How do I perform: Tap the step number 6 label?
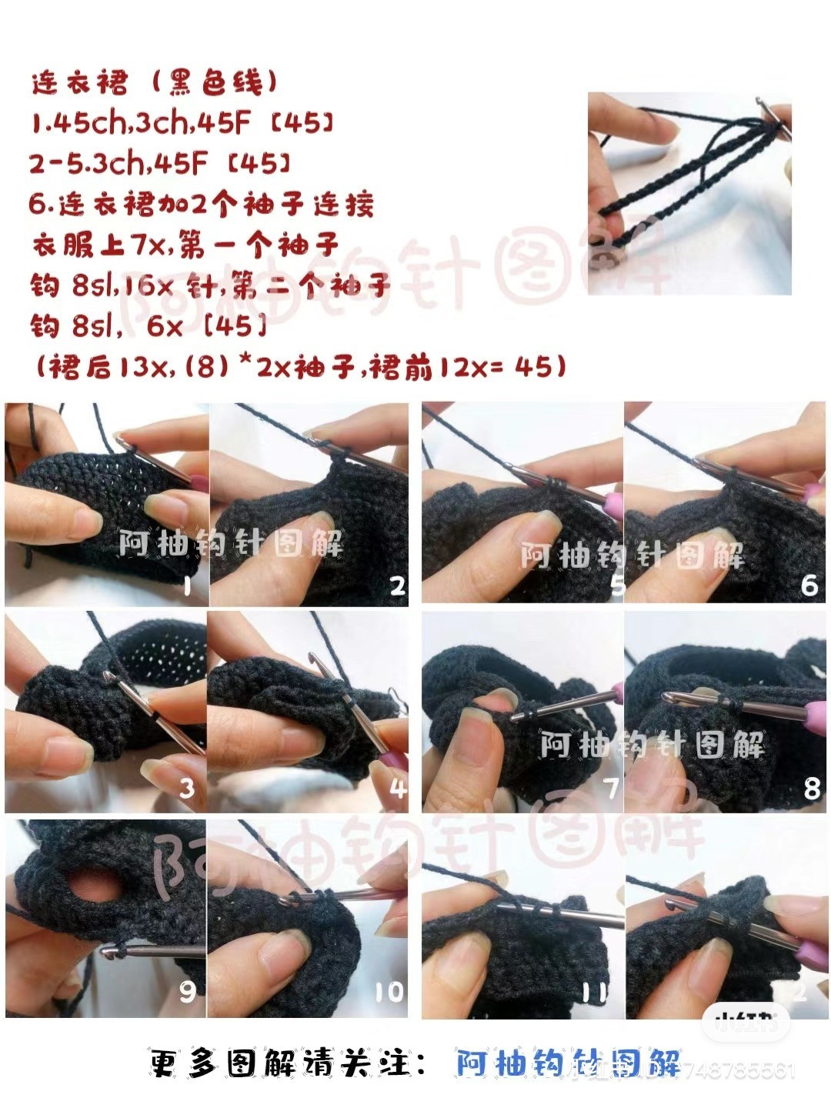click(809, 586)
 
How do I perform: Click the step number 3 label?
click(186, 788)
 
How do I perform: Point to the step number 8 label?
click(811, 789)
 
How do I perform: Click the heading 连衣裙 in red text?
click(80, 82)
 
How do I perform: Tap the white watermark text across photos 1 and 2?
click(231, 544)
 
